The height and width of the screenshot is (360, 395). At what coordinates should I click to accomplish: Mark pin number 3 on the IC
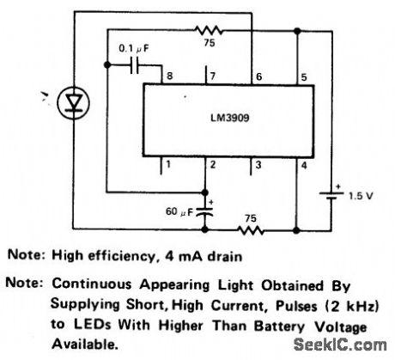coord(255,163)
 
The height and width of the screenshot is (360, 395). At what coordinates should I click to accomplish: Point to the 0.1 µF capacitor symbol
coord(130,66)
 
